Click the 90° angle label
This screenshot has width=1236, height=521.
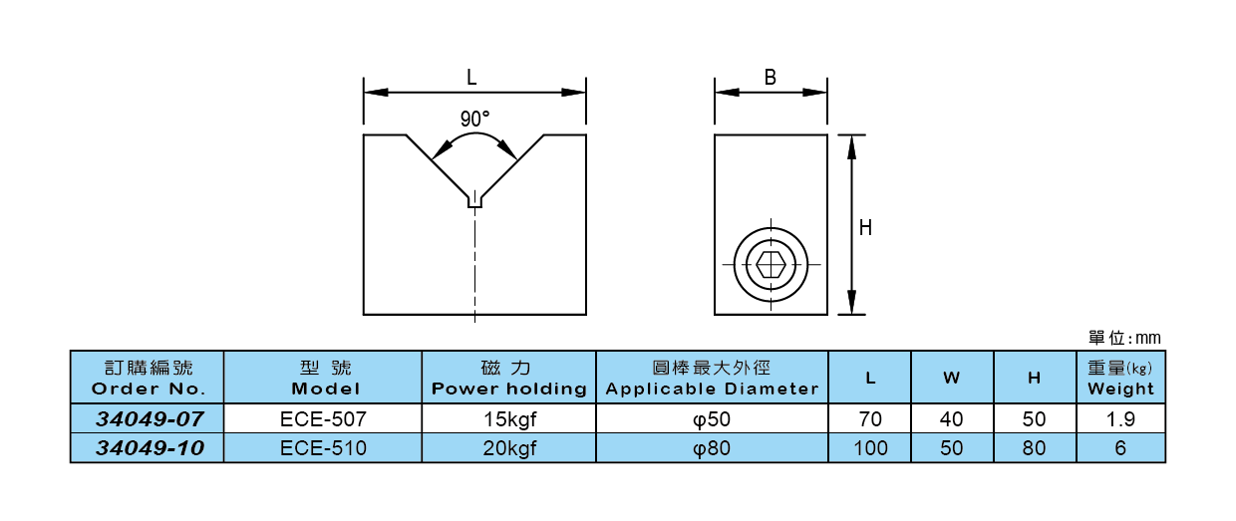474,118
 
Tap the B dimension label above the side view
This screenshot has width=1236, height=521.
770,77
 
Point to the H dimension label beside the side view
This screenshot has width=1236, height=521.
865,227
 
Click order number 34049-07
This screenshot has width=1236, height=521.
149,418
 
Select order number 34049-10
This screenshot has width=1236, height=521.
149,448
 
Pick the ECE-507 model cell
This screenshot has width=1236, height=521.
323,418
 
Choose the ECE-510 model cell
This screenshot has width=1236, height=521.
323,448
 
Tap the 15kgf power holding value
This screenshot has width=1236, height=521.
508,418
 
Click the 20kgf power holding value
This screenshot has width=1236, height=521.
508,448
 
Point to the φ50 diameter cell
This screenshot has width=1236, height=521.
712,418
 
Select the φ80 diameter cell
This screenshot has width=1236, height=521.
712,448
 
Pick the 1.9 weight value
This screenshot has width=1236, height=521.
1120,418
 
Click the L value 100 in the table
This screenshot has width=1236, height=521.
870,448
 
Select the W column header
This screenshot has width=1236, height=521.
952,379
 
